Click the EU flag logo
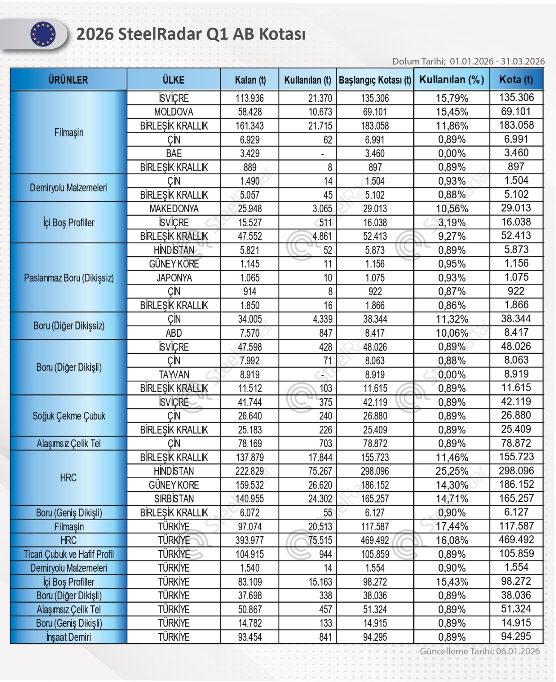pos(43,34)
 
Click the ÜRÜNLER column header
pos(68,80)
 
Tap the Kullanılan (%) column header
pos(451,80)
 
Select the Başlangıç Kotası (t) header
pos(375,80)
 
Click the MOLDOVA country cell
pos(173,112)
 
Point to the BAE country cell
pos(173,153)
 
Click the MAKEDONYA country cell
pos(173,209)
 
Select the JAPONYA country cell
pos(173,278)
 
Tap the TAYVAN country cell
pos(173,375)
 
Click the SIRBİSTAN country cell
pos(173,499)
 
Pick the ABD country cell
pos(173,333)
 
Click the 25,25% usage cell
pos(452,471)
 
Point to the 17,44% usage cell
pos(452,526)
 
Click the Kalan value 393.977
pos(250,540)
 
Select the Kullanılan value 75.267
pos(320,471)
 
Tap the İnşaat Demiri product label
pos(69,637)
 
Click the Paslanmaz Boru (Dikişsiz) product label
pos(69,278)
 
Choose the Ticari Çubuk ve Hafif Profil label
pos(69,554)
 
